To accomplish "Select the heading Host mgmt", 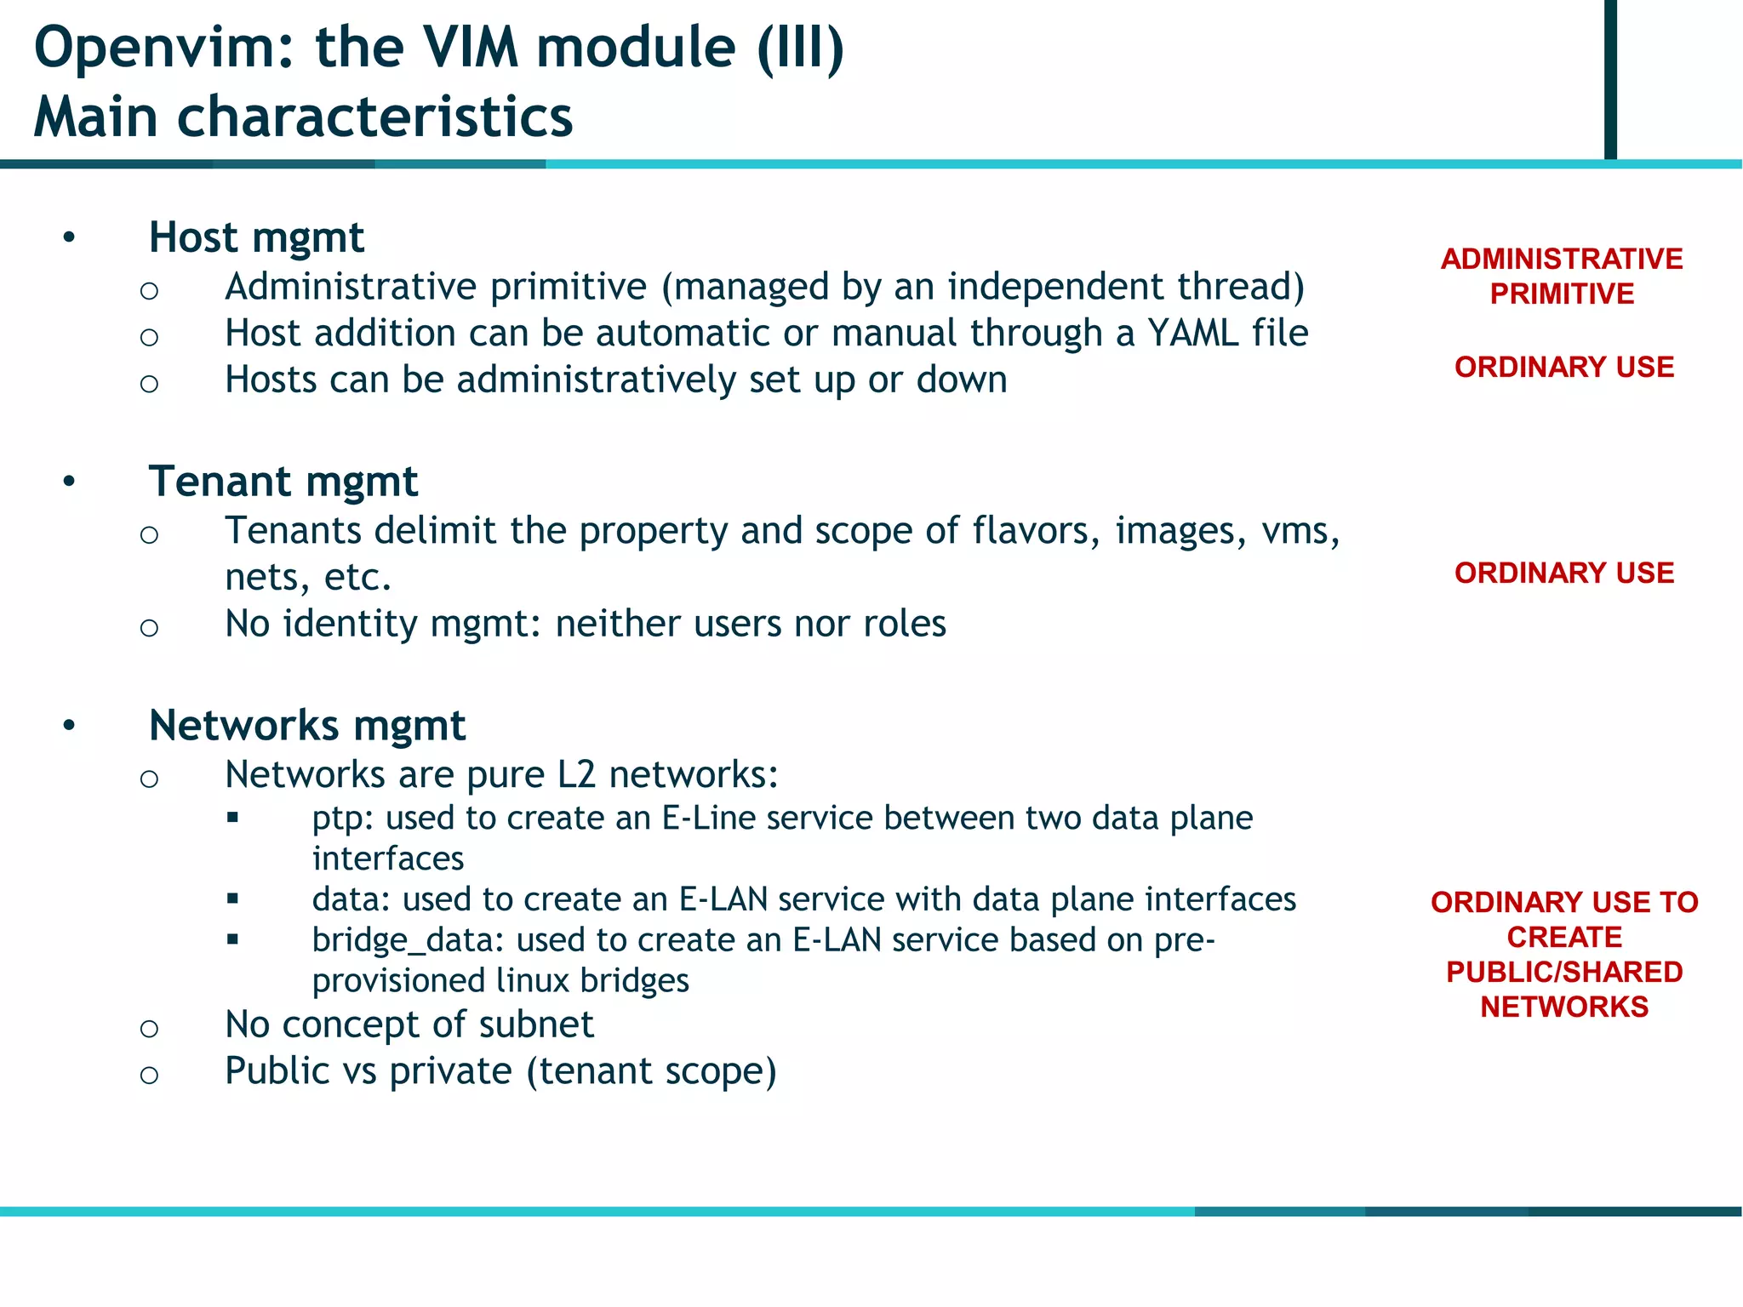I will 256,237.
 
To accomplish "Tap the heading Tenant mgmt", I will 283,482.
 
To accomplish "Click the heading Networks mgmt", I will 306,726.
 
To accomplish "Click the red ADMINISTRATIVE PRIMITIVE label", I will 1562,277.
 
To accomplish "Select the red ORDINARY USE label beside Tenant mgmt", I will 1564,574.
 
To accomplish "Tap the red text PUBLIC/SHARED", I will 1564,972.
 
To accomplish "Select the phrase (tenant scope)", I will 651,1071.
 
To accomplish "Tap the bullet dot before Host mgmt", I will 69,237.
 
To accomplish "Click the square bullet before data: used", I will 233,899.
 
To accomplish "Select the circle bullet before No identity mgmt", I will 149,628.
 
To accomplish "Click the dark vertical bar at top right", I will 1610,78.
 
